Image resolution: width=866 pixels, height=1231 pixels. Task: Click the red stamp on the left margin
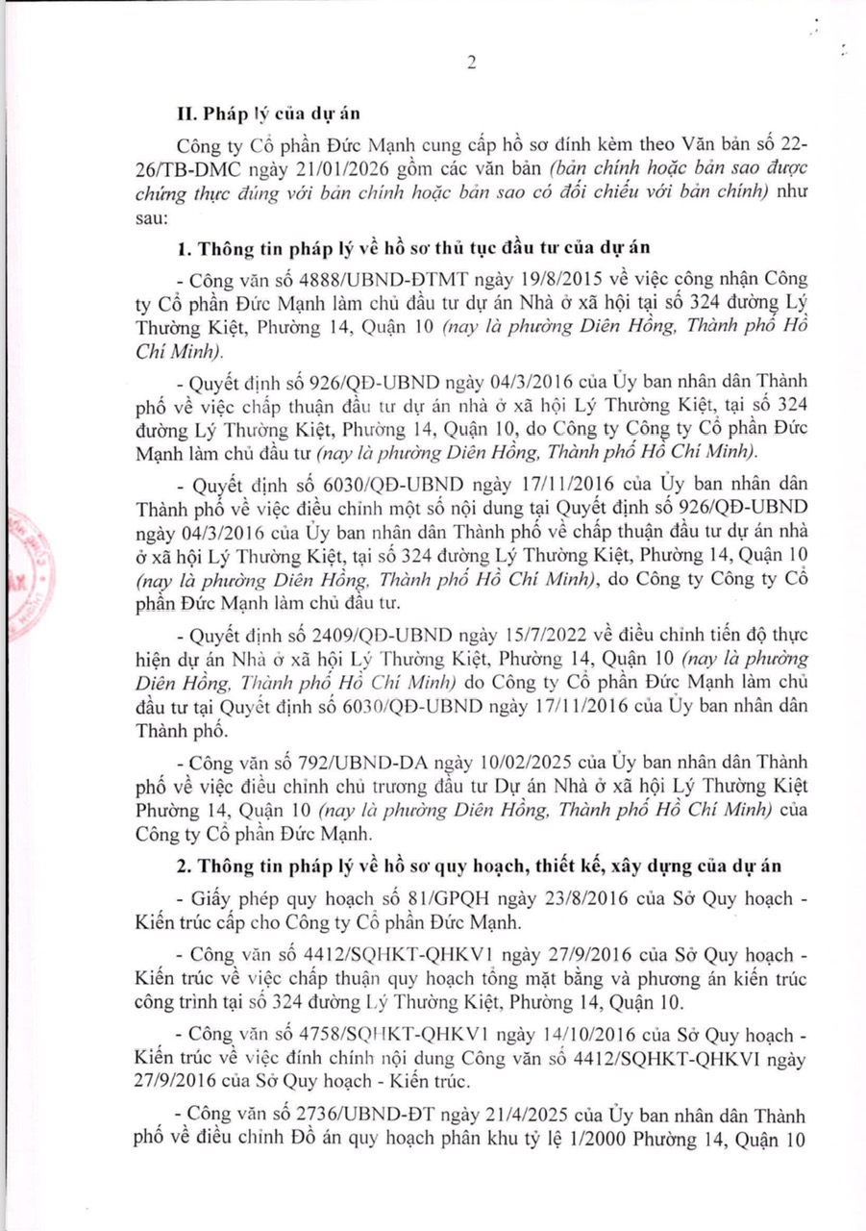point(27,573)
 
